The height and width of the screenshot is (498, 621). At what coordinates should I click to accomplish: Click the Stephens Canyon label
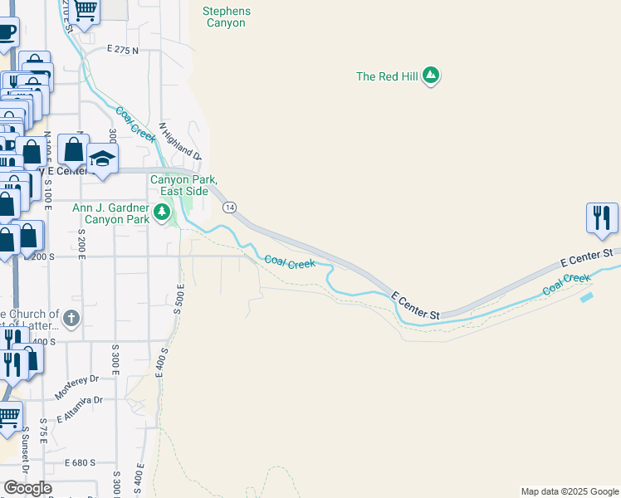[x=226, y=17]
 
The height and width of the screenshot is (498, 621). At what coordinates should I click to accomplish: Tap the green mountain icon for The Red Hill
[x=430, y=76]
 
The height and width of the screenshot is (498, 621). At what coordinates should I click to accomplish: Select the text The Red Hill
[x=387, y=76]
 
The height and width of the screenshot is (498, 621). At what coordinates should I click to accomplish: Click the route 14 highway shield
[x=230, y=206]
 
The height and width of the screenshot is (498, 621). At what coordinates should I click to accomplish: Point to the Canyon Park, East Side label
[x=183, y=185]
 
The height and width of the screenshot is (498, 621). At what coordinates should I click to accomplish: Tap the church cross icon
[x=71, y=317]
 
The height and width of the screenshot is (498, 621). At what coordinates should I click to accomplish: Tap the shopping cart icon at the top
[x=86, y=10]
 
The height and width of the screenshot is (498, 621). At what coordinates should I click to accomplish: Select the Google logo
[x=27, y=488]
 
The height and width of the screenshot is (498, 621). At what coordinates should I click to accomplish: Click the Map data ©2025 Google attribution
[x=569, y=491]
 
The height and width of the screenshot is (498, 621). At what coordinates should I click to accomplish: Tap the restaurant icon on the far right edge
[x=602, y=217]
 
